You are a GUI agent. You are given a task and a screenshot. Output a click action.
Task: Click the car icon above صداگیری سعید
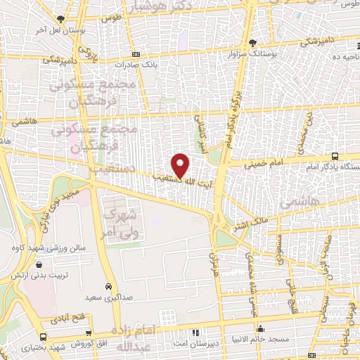click(x=108, y=286)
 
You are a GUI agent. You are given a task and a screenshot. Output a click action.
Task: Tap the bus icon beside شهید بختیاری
click(x=44, y=338)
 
